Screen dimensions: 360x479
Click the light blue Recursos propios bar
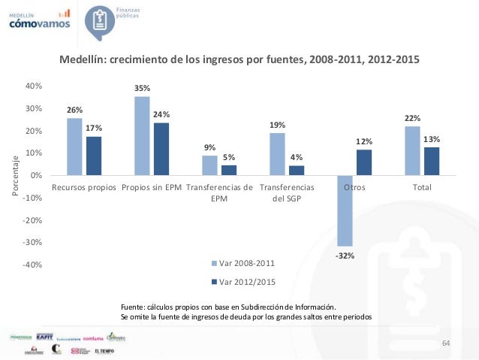click(74, 147)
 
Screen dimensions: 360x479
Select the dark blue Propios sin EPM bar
click(161, 149)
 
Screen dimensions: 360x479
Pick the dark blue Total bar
click(432, 161)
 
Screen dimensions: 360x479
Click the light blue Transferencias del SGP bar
click(277, 154)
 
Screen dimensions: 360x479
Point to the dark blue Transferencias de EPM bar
click(229, 170)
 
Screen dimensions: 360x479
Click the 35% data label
click(142, 88)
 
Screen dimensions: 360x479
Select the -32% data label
click(345, 256)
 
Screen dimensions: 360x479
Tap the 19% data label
click(277, 125)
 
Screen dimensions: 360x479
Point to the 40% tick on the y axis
click(34, 86)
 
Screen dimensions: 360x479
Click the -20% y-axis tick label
click(32, 220)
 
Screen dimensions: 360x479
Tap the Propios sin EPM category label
click(152, 187)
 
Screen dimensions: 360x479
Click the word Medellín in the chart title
click(83, 59)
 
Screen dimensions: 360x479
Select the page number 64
click(446, 343)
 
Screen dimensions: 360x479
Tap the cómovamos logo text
click(39, 23)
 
